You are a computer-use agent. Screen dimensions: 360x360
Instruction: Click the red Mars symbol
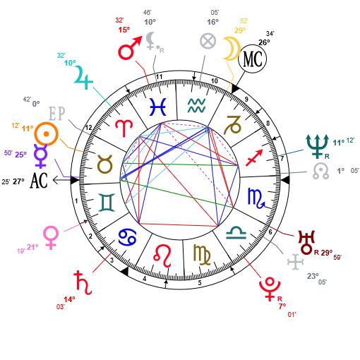click(x=128, y=49)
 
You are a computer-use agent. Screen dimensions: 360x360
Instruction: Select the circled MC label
click(x=252, y=59)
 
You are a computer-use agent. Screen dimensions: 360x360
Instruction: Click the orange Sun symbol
click(x=46, y=134)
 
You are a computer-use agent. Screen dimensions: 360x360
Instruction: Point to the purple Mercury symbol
click(x=40, y=156)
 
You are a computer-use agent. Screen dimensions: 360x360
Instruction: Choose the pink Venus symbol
click(x=51, y=237)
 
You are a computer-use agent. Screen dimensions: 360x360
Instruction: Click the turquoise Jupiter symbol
click(x=83, y=77)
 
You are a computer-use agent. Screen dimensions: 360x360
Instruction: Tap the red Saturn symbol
click(x=83, y=282)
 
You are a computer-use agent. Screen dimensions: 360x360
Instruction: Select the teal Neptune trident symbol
click(x=317, y=146)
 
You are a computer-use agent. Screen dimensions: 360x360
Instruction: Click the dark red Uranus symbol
click(x=306, y=242)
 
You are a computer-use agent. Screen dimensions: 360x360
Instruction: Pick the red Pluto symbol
click(x=270, y=289)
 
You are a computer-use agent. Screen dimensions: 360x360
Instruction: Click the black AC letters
click(x=39, y=181)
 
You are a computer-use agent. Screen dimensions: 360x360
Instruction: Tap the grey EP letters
click(x=56, y=114)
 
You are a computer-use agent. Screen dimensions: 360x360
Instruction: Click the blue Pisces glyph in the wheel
click(x=158, y=107)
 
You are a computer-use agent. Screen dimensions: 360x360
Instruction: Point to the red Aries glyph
click(x=124, y=128)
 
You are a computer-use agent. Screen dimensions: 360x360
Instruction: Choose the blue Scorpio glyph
click(x=256, y=198)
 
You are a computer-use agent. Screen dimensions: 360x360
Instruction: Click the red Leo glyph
click(x=162, y=256)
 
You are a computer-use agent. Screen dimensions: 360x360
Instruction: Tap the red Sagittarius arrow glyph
click(x=254, y=157)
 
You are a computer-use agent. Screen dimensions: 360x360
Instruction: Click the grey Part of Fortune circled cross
click(x=208, y=41)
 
